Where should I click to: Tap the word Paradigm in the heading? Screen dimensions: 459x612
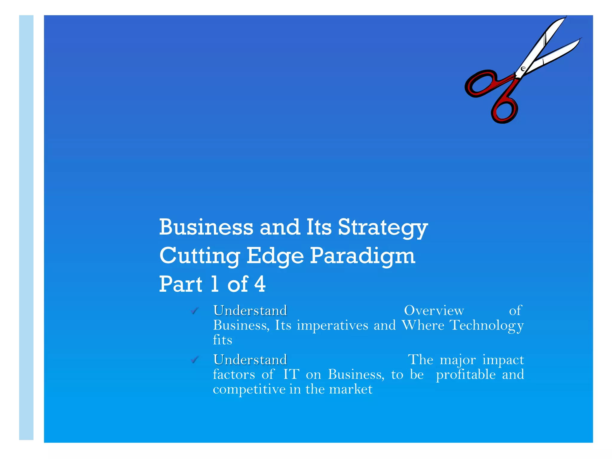[362, 256]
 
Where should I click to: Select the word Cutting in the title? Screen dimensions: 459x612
[199, 256]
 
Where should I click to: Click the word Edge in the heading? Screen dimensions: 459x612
[275, 256]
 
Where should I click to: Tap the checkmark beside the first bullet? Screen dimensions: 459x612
[195, 311]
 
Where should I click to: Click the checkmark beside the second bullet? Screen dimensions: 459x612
[195, 360]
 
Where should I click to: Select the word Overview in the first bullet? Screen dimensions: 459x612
[434, 311]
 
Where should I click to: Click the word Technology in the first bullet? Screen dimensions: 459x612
[486, 325]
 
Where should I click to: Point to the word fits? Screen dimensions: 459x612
[222, 340]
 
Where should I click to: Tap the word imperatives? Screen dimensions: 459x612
[332, 325]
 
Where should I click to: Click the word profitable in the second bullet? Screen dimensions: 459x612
[466, 375]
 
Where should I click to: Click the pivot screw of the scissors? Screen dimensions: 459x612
[523, 69]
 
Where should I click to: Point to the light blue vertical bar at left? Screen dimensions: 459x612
[26, 227]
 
